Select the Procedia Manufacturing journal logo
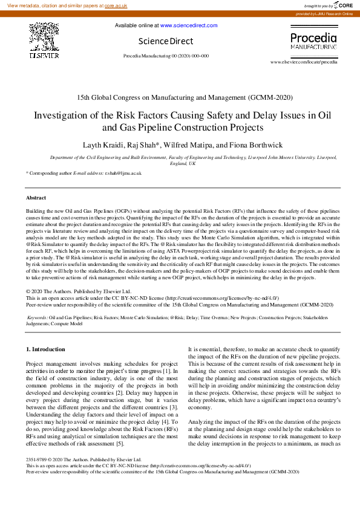(313, 41)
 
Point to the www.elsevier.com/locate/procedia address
(304, 62)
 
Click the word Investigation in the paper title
(64, 115)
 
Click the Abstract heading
(36, 198)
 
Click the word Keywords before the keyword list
(38, 317)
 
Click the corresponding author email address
(122, 173)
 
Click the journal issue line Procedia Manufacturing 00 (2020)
(166, 56)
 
